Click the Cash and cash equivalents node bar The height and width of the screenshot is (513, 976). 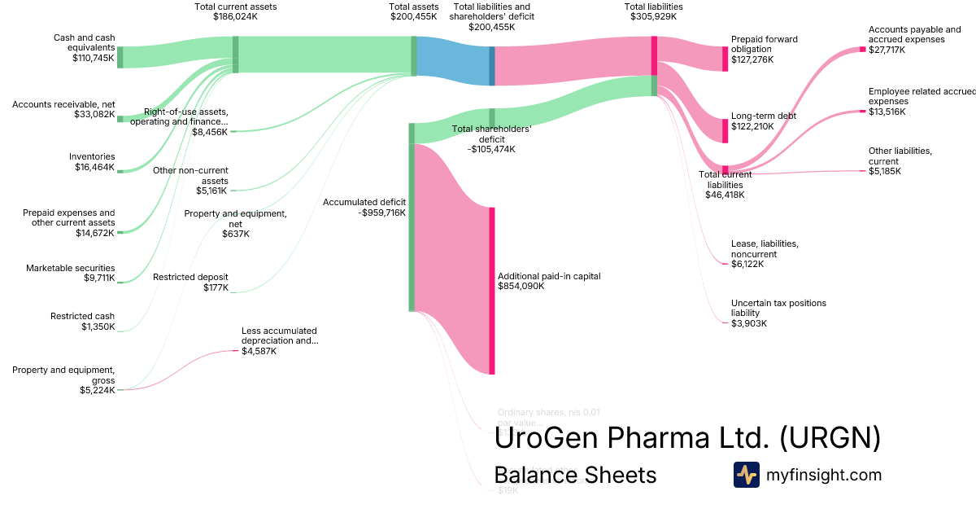pyautogui.click(x=120, y=57)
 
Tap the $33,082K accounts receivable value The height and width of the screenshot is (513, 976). pyautogui.click(x=94, y=115)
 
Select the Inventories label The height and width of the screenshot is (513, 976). pyautogui.click(x=92, y=156)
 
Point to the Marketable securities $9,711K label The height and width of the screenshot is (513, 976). pyautogui.click(x=70, y=273)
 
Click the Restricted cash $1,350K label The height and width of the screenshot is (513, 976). pyautogui.click(x=82, y=322)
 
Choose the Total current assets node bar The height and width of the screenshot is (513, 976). pyautogui.click(x=236, y=55)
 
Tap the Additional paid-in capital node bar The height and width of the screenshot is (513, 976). pyautogui.click(x=492, y=291)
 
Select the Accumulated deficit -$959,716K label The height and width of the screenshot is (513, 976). pyautogui.click(x=364, y=207)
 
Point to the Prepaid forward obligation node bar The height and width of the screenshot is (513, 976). pyautogui.click(x=725, y=59)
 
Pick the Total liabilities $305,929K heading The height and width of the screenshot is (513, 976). pyautogui.click(x=653, y=11)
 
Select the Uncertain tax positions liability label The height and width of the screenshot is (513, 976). pyautogui.click(x=778, y=313)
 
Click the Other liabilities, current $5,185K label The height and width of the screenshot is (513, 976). pyautogui.click(x=900, y=160)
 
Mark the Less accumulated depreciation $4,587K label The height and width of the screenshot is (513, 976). pyautogui.click(x=279, y=341)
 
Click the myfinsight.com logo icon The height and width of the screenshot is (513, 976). pyautogui.click(x=746, y=475)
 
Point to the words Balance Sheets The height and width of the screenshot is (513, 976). pyautogui.click(x=575, y=475)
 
